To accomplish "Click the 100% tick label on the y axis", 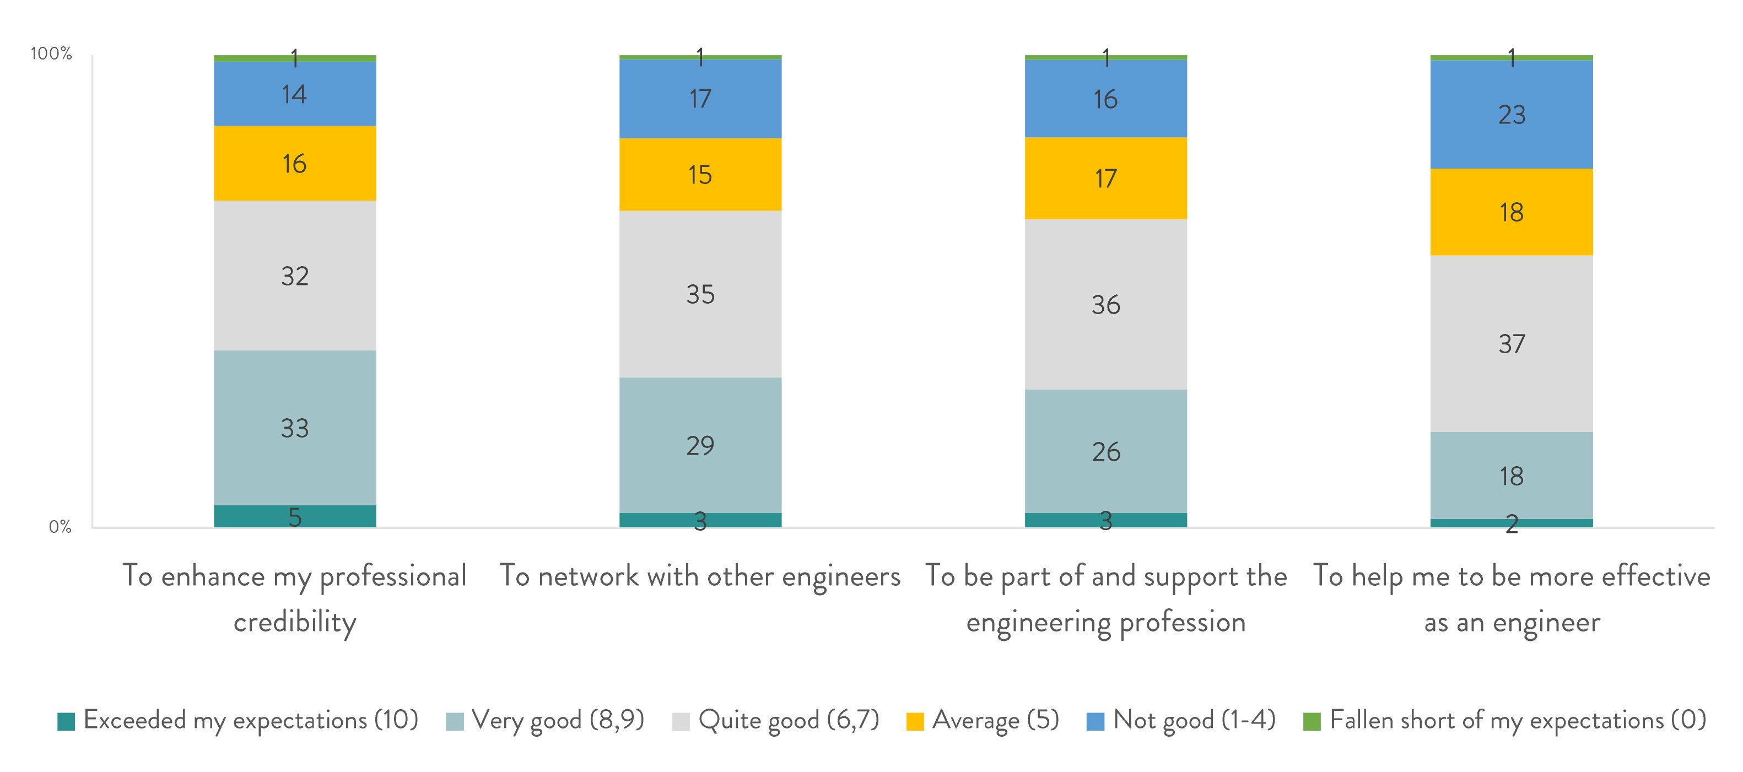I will click(51, 54).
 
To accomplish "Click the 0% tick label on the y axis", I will click(60, 527).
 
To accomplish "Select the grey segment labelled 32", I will click(294, 276).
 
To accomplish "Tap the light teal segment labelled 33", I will click(294, 428).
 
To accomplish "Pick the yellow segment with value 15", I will click(700, 175).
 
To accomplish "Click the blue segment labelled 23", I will click(1511, 115).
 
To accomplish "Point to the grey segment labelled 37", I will click(1511, 344).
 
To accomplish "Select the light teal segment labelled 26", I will click(1105, 451).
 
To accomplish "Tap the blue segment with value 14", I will click(294, 94).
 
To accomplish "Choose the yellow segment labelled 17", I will click(1105, 179).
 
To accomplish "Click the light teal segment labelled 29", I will click(700, 445).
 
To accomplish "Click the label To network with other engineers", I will click(700, 576).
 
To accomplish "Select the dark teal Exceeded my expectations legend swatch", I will click(66, 721).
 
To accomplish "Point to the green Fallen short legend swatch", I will click(1312, 721).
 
